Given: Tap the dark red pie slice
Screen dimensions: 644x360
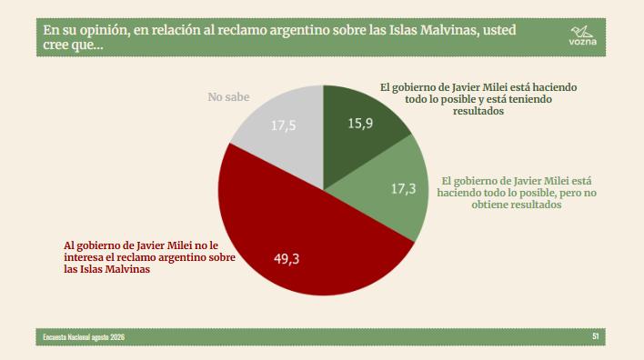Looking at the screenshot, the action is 304,234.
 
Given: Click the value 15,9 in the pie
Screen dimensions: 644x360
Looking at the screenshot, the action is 360,123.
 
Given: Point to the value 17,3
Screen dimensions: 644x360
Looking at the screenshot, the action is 403,189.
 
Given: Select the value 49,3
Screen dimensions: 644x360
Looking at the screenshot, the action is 287,258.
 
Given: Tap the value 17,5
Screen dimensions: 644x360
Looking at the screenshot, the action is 284,125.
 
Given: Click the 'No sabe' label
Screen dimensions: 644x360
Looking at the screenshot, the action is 228,97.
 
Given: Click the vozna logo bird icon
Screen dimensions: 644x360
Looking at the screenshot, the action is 582,31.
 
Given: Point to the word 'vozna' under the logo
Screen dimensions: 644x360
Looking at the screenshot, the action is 583,42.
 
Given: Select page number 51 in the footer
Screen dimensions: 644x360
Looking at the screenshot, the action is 596,336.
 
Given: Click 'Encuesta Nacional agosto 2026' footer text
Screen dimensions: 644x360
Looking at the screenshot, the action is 84,337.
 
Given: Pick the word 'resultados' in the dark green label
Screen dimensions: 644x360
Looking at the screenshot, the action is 478,111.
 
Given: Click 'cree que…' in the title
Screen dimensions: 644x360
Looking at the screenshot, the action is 73,45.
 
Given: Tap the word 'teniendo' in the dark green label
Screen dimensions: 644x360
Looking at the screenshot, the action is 530,99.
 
